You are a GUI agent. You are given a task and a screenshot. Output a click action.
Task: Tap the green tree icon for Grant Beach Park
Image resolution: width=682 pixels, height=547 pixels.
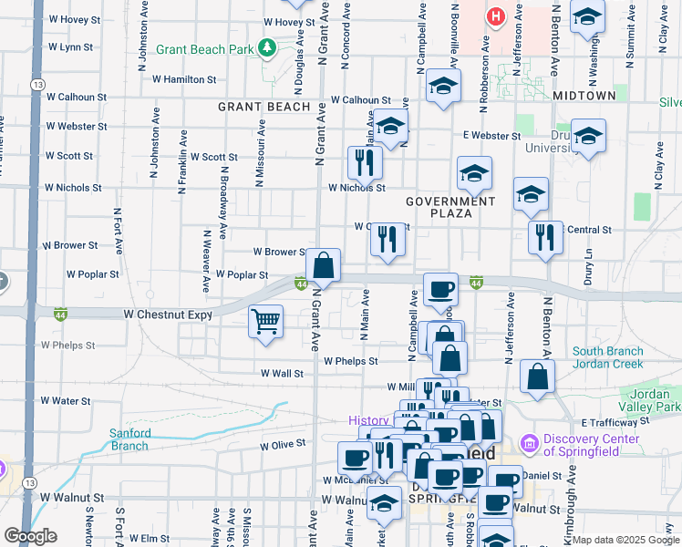pos(267,46)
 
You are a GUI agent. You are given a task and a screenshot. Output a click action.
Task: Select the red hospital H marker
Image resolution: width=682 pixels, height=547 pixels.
pos(495,16)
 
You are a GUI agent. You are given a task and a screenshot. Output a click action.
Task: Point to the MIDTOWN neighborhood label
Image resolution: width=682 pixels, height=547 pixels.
pos(584,96)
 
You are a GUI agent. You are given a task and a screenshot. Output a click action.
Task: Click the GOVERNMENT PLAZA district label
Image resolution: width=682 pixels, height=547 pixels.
pos(450,207)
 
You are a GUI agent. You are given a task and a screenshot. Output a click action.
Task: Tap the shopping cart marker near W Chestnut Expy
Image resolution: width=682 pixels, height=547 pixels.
pos(265,321)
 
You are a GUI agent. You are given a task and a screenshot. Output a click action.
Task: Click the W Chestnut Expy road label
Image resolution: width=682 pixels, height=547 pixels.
pos(168,315)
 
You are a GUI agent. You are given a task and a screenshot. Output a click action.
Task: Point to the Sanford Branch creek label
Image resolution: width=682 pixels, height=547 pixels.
pos(129,439)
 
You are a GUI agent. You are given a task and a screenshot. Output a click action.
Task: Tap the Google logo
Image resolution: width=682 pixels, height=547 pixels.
pos(30,536)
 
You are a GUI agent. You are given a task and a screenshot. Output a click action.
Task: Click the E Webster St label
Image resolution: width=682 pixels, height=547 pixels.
pos(491,136)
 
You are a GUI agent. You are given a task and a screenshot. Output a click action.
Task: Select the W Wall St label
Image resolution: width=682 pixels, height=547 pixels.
pos(282,373)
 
